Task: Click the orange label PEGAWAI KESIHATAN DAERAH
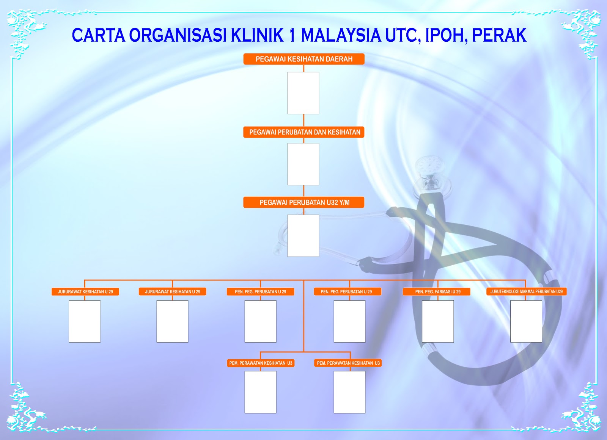tap(304, 59)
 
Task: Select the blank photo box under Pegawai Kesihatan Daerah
tap(303, 93)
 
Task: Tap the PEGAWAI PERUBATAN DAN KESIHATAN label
tap(304, 132)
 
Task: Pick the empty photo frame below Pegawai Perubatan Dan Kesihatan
tap(303, 164)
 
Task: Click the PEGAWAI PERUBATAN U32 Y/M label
tap(304, 202)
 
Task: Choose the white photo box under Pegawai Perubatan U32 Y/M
tap(303, 235)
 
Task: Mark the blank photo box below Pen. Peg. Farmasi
tap(438, 321)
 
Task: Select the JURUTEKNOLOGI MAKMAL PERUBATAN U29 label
tap(526, 291)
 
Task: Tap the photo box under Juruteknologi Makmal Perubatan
tap(526, 321)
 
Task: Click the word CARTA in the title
tap(98, 36)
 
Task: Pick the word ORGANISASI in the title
tap(178, 36)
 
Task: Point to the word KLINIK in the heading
tap(258, 36)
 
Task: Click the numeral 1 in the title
tap(292, 36)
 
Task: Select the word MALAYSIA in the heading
tap(341, 36)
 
